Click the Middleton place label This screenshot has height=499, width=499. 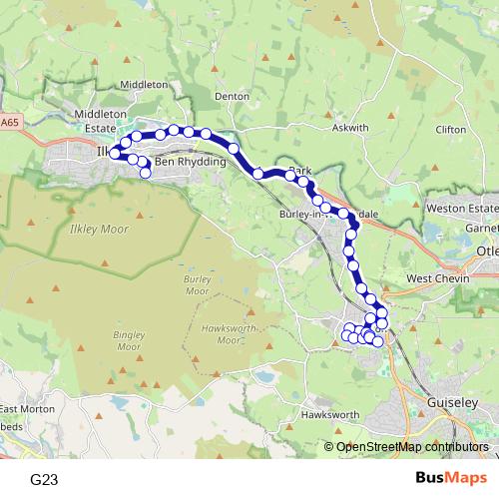point(144,85)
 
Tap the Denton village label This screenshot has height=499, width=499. point(232,97)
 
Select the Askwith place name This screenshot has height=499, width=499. point(350,128)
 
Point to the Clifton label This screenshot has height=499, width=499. point(451,130)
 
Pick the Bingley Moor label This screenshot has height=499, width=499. point(130,340)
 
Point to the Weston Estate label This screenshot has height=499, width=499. point(460,208)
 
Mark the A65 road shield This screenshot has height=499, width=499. point(10,123)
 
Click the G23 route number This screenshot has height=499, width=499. point(44,480)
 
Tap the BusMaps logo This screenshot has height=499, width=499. point(451,479)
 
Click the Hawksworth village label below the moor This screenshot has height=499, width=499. point(329,413)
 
